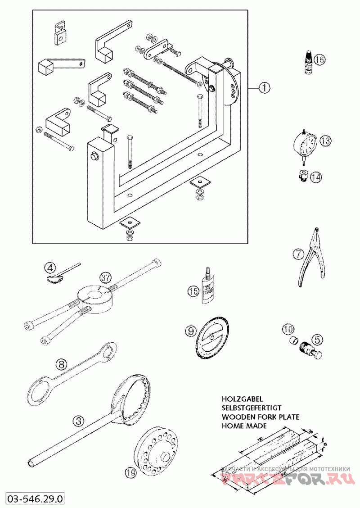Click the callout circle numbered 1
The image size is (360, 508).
click(x=264, y=88)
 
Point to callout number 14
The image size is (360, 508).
click(x=316, y=177)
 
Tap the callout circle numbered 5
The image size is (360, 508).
click(x=317, y=338)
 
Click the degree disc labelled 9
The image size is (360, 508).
click(x=211, y=339)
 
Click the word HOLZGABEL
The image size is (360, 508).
click(x=242, y=399)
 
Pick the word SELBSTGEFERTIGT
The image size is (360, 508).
click(x=251, y=408)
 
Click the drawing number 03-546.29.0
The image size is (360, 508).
click(x=35, y=499)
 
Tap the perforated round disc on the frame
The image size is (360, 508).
click(x=232, y=86)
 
